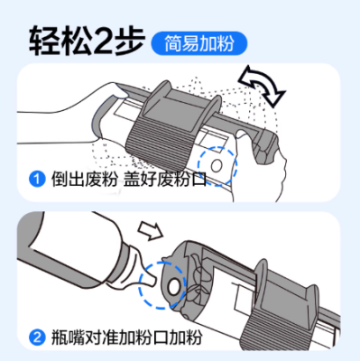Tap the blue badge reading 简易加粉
(198, 43)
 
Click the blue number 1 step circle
(37, 180)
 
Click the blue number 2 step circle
(37, 338)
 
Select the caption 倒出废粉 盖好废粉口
(129, 180)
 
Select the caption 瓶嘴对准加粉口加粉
(126, 338)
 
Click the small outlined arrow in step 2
(151, 231)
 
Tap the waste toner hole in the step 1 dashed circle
(217, 165)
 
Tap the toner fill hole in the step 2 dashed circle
(173, 286)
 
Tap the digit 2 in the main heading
(103, 42)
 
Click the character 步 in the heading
(129, 42)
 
